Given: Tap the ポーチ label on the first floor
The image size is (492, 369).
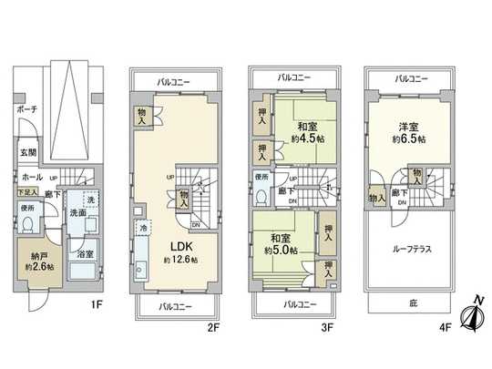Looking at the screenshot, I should pos(26,110).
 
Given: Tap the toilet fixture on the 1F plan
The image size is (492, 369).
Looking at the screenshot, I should pos(29,227).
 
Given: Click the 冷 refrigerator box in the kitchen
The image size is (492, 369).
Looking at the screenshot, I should pos(143,228).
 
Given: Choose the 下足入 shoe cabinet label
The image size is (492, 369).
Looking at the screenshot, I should pos(26,194).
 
